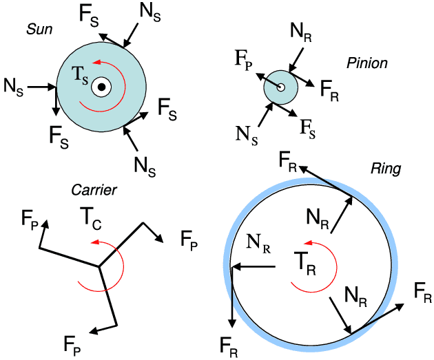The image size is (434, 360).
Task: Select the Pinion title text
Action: (x=367, y=63)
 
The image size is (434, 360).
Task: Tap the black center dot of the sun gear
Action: (x=101, y=87)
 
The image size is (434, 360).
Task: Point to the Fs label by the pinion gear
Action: (x=307, y=127)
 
